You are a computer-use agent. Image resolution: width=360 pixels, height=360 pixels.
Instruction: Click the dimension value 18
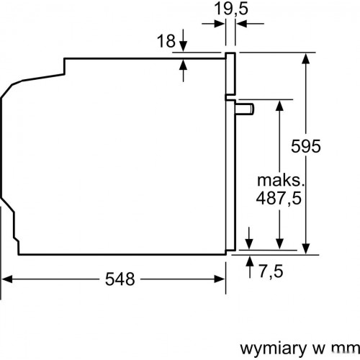coord(166,42)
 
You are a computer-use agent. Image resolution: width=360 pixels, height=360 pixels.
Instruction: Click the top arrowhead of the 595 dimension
coord(307,58)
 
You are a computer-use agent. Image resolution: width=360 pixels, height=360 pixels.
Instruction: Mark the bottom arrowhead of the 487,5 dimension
coord(278,245)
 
